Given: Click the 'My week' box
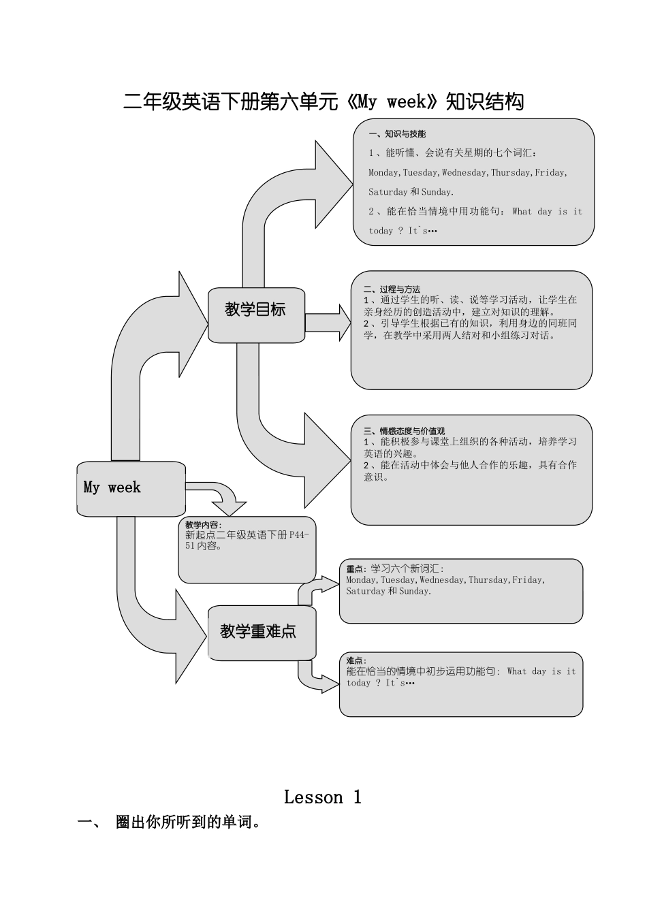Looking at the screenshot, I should (130, 487).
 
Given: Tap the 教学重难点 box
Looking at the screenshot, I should (261, 632).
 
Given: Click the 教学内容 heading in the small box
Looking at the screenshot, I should (203, 525).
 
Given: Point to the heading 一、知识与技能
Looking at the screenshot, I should (397, 134).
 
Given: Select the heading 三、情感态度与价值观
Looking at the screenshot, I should (404, 431).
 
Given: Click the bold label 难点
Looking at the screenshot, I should (356, 660).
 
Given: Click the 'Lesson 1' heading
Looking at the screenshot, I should (323, 797).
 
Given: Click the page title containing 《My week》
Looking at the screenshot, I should (323, 102).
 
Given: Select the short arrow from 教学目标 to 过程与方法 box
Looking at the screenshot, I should (328, 323).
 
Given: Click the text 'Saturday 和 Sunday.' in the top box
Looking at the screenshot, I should (411, 192).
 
